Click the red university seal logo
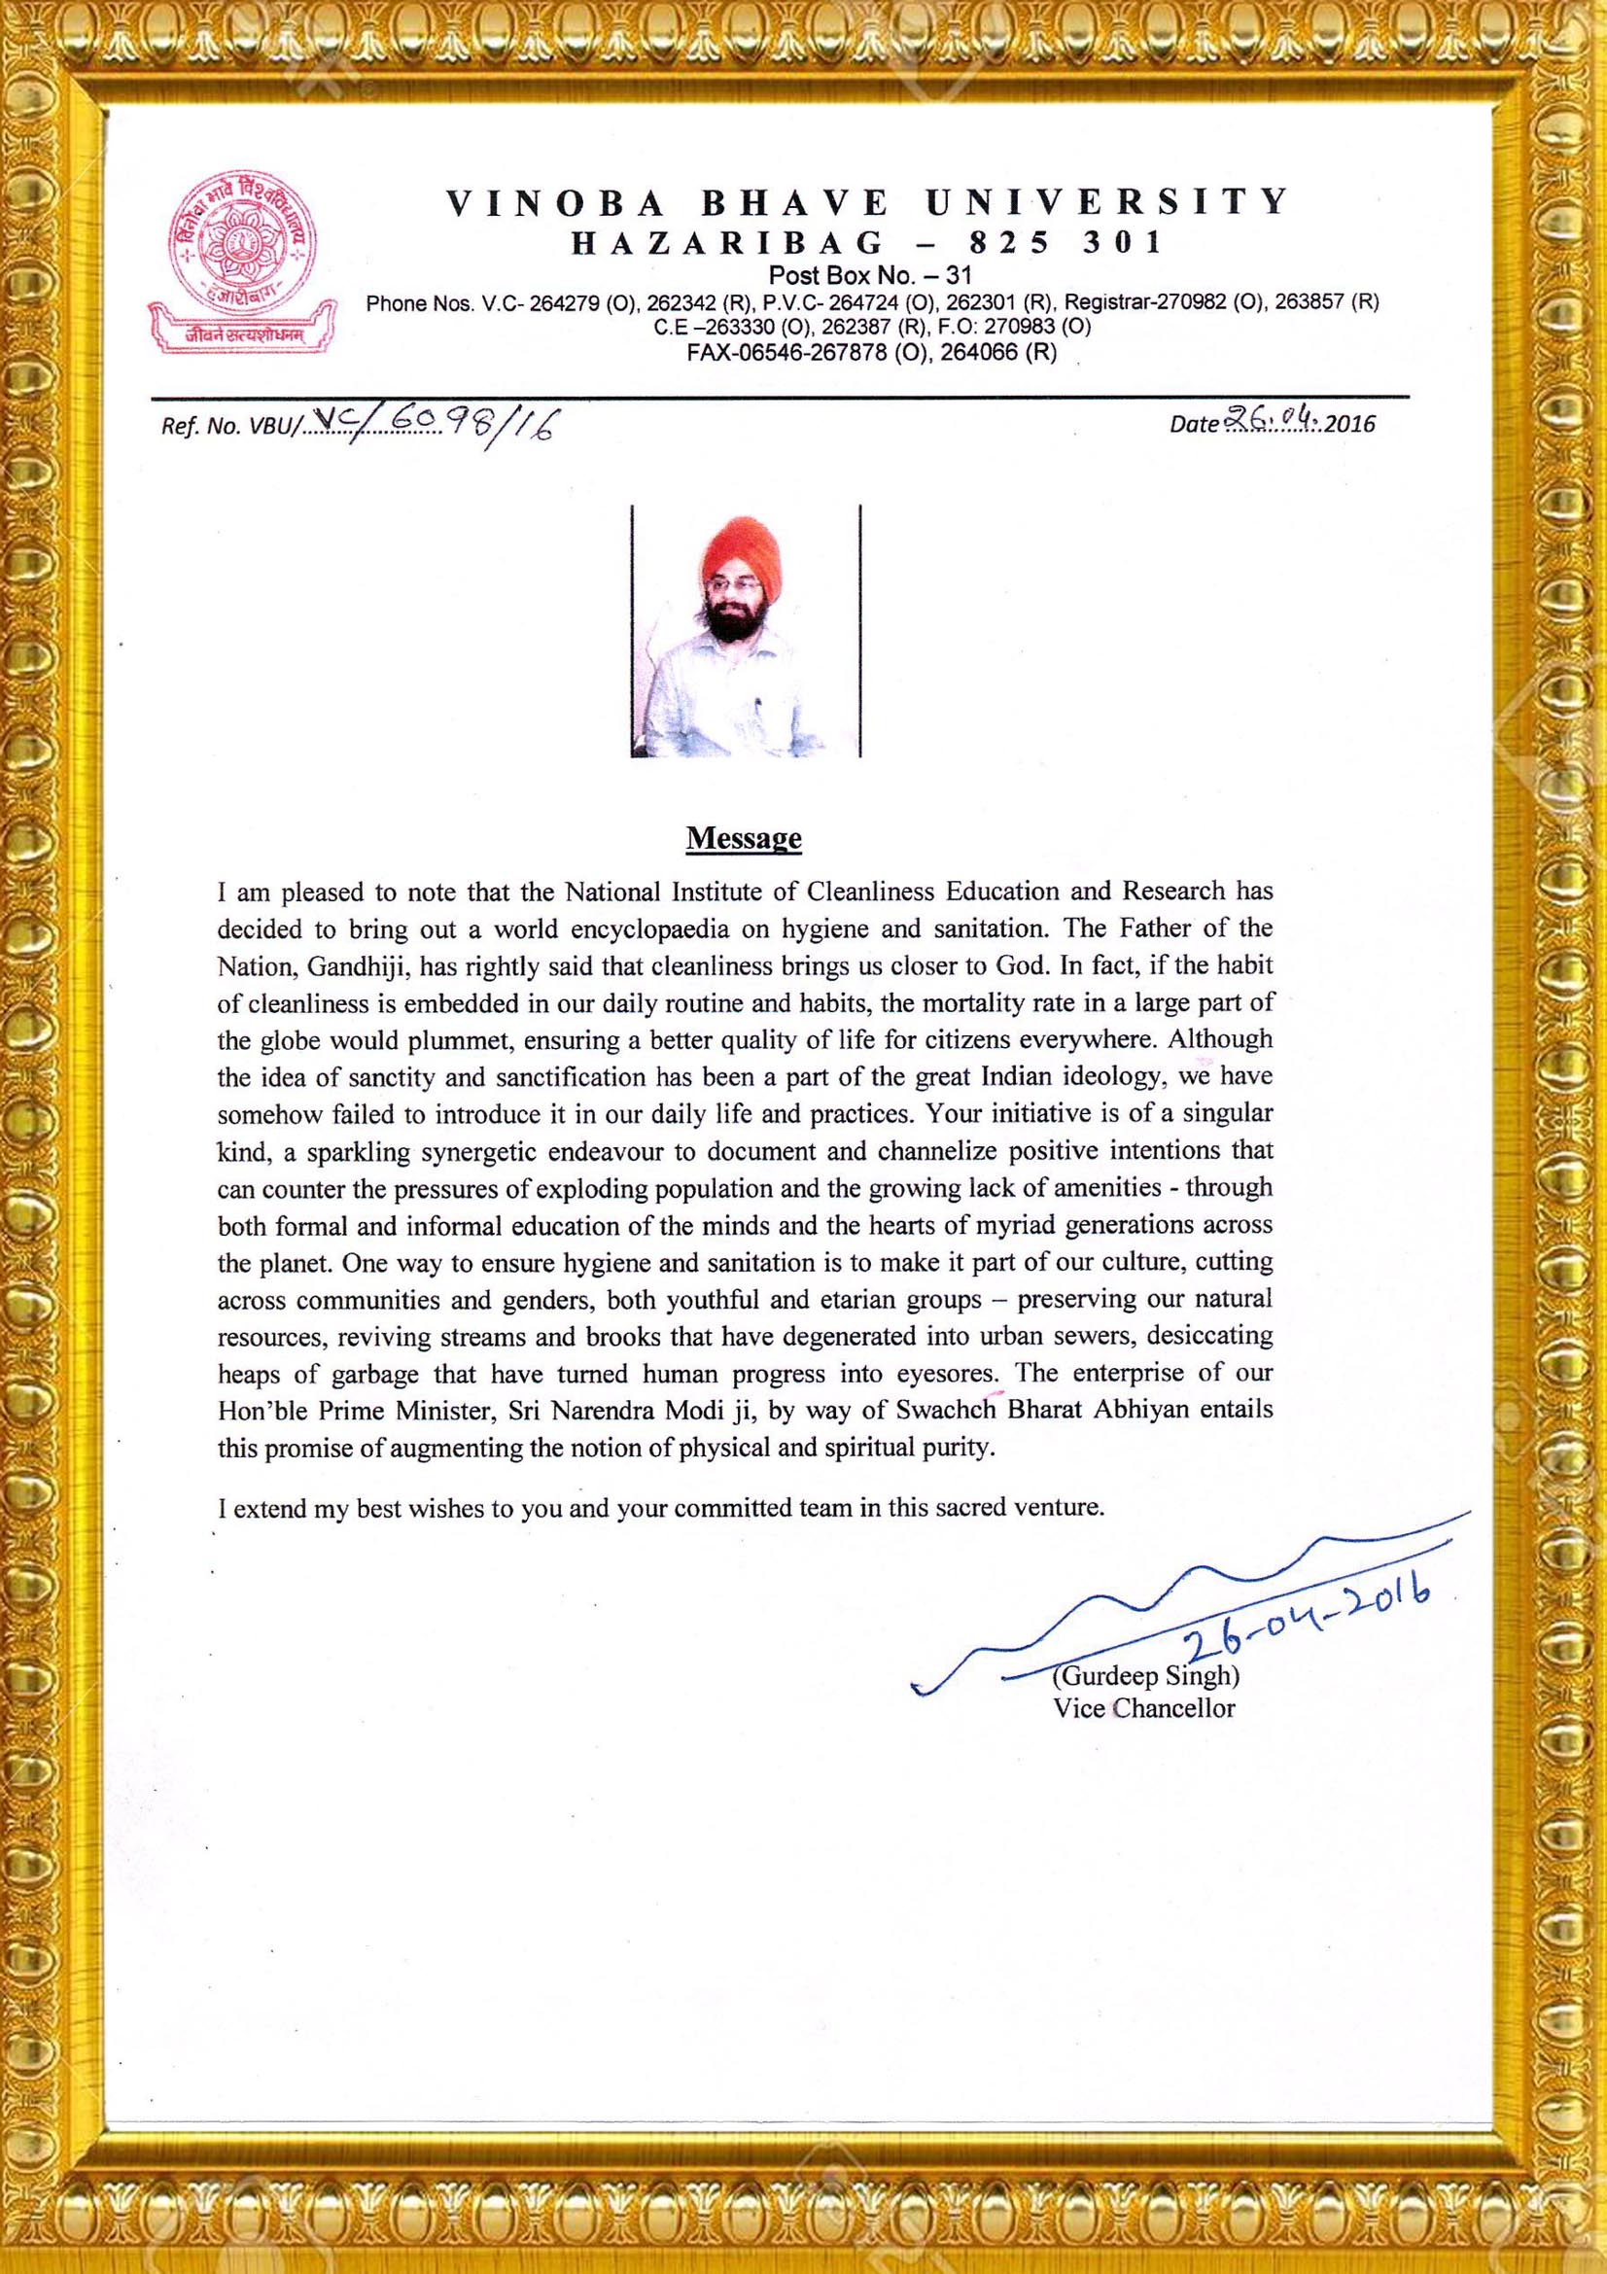pos(243,242)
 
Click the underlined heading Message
pos(744,838)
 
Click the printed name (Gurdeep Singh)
pos(1145,1677)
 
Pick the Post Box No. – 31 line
pos(869,275)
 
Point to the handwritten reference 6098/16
pos(472,427)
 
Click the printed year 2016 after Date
pos(1350,424)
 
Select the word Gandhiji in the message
pos(334,965)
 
